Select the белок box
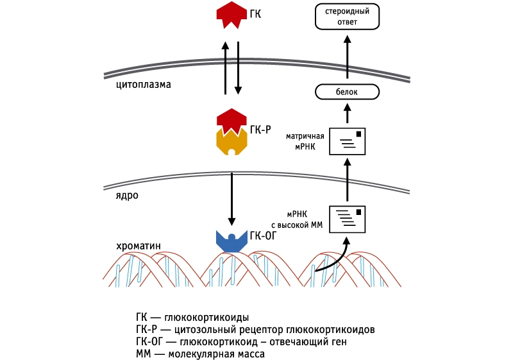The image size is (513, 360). [x=346, y=92]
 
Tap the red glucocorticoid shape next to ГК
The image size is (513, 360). [x=231, y=14]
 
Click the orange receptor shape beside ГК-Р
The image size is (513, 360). [x=231, y=141]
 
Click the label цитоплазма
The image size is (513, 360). [x=143, y=83]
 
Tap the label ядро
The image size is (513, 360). [x=127, y=195]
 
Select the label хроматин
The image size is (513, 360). [x=139, y=244]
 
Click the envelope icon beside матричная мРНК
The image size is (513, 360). [x=347, y=142]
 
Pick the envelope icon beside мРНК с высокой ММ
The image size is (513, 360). [x=347, y=219]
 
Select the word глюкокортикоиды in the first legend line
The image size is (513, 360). [x=206, y=318]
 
